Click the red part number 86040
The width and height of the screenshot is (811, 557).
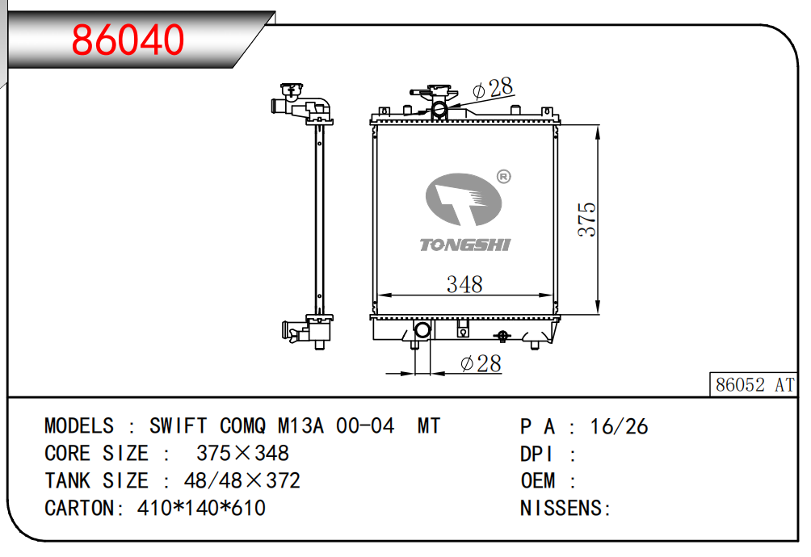pos(128,40)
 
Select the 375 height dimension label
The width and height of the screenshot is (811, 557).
pos(587,220)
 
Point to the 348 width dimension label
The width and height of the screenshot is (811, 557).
pos(464,284)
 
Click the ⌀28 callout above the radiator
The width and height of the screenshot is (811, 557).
pos(493,89)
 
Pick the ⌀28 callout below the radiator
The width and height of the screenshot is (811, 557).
pos(481,363)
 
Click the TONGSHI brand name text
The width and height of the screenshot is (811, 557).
pos(465,245)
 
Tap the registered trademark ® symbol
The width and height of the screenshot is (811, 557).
pos(503,177)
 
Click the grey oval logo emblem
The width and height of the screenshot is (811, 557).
pos(464,199)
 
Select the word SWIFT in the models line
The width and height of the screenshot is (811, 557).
pos(178,426)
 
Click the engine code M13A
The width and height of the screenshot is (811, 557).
pos(301,426)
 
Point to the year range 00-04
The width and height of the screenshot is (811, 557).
pos(365,426)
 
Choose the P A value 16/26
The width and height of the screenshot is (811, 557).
pos(619,427)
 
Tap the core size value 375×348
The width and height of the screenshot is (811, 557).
pos(242,453)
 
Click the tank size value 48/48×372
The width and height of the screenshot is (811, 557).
pos(242,480)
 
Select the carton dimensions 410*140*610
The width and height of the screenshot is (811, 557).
pos(201,508)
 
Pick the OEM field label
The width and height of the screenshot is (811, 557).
pos(538,480)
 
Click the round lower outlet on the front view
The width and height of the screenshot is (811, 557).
pos(422,329)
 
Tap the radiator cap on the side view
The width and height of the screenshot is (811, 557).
pos(292,90)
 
